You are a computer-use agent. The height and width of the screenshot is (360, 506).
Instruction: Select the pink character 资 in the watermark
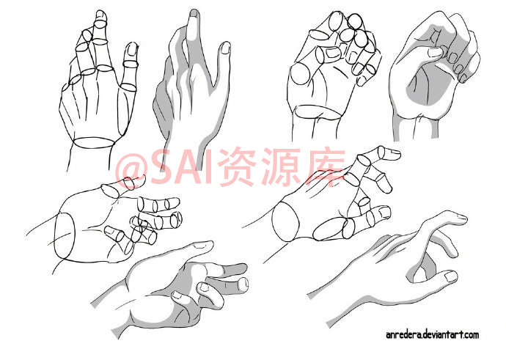pyautogui.click(x=235, y=166)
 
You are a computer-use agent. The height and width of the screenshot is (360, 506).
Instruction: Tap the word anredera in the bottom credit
pyautogui.click(x=403, y=335)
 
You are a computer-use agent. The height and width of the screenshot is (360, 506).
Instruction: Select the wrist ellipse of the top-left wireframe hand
pyautogui.click(x=94, y=142)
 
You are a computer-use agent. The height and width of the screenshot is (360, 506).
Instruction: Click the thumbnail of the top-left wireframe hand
pyautogui.click(x=132, y=49)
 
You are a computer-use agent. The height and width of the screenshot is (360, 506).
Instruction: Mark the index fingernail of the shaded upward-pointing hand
pyautogui.click(x=194, y=13)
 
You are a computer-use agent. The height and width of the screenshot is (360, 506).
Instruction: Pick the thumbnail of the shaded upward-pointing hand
pyautogui.click(x=226, y=48)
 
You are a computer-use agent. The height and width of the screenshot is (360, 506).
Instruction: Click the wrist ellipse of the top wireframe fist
pyautogui.click(x=318, y=112)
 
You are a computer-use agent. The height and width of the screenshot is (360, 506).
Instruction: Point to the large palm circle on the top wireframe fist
pyautogui.click(x=300, y=73)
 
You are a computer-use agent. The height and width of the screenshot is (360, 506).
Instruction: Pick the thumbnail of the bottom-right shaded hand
pyautogui.click(x=450, y=276)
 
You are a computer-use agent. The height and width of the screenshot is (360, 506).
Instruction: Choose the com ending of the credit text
pyautogui.click(x=472, y=335)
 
